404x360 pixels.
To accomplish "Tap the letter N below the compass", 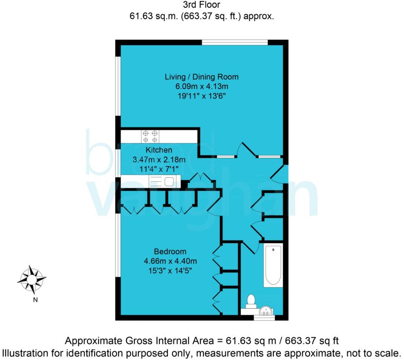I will pyautogui.click(x=35, y=300).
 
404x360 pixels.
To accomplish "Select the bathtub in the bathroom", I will pyautogui.click(x=273, y=266).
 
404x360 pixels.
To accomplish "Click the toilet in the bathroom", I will pyautogui.click(x=251, y=301).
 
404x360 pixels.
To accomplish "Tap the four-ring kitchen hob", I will pyautogui.click(x=149, y=136).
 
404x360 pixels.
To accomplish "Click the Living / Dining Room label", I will pyautogui.click(x=202, y=77).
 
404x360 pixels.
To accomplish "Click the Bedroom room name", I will pyautogui.click(x=170, y=252).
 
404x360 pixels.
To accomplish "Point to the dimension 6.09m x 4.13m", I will pyautogui.click(x=202, y=87).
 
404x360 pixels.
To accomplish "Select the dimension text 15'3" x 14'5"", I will pyautogui.click(x=170, y=270).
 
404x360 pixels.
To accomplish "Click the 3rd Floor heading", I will pyautogui.click(x=202, y=5).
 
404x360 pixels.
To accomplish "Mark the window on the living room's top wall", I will pyautogui.click(x=235, y=43).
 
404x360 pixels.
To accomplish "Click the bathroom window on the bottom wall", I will pyautogui.click(x=264, y=318).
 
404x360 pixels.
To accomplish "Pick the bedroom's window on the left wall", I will pyautogui.click(x=118, y=245).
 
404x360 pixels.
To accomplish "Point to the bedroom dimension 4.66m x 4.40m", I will pyautogui.click(x=170, y=261).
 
